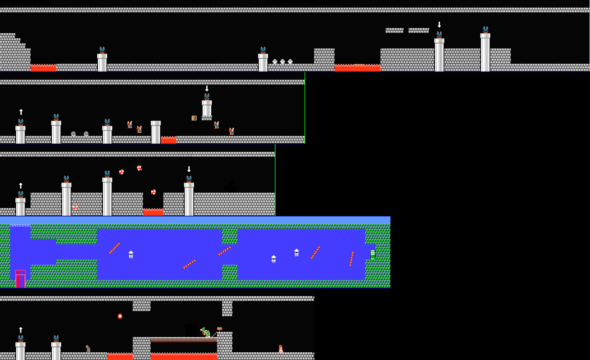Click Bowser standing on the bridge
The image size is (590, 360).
point(206,333)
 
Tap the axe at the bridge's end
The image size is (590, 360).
point(220,329)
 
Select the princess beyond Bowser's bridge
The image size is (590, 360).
point(281,349)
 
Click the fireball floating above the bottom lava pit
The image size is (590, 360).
point(120,316)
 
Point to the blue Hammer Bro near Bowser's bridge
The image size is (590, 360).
point(88,349)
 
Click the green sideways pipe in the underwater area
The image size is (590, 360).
point(373,254)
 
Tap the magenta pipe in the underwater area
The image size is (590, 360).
point(20,279)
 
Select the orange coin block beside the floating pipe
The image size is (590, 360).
point(194,118)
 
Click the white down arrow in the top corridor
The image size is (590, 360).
point(439,25)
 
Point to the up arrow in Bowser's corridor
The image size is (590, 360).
point(21,330)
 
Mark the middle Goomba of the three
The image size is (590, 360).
point(283,62)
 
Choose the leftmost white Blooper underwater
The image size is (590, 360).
point(131,255)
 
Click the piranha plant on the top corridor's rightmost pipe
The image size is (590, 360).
point(485,30)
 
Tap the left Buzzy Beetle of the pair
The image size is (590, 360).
point(73,134)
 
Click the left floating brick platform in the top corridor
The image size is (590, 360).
point(394,30)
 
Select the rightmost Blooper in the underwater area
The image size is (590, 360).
point(297,253)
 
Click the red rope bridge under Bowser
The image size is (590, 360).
point(184,340)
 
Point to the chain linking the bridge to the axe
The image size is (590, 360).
point(215,334)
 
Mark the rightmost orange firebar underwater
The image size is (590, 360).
point(352,259)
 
